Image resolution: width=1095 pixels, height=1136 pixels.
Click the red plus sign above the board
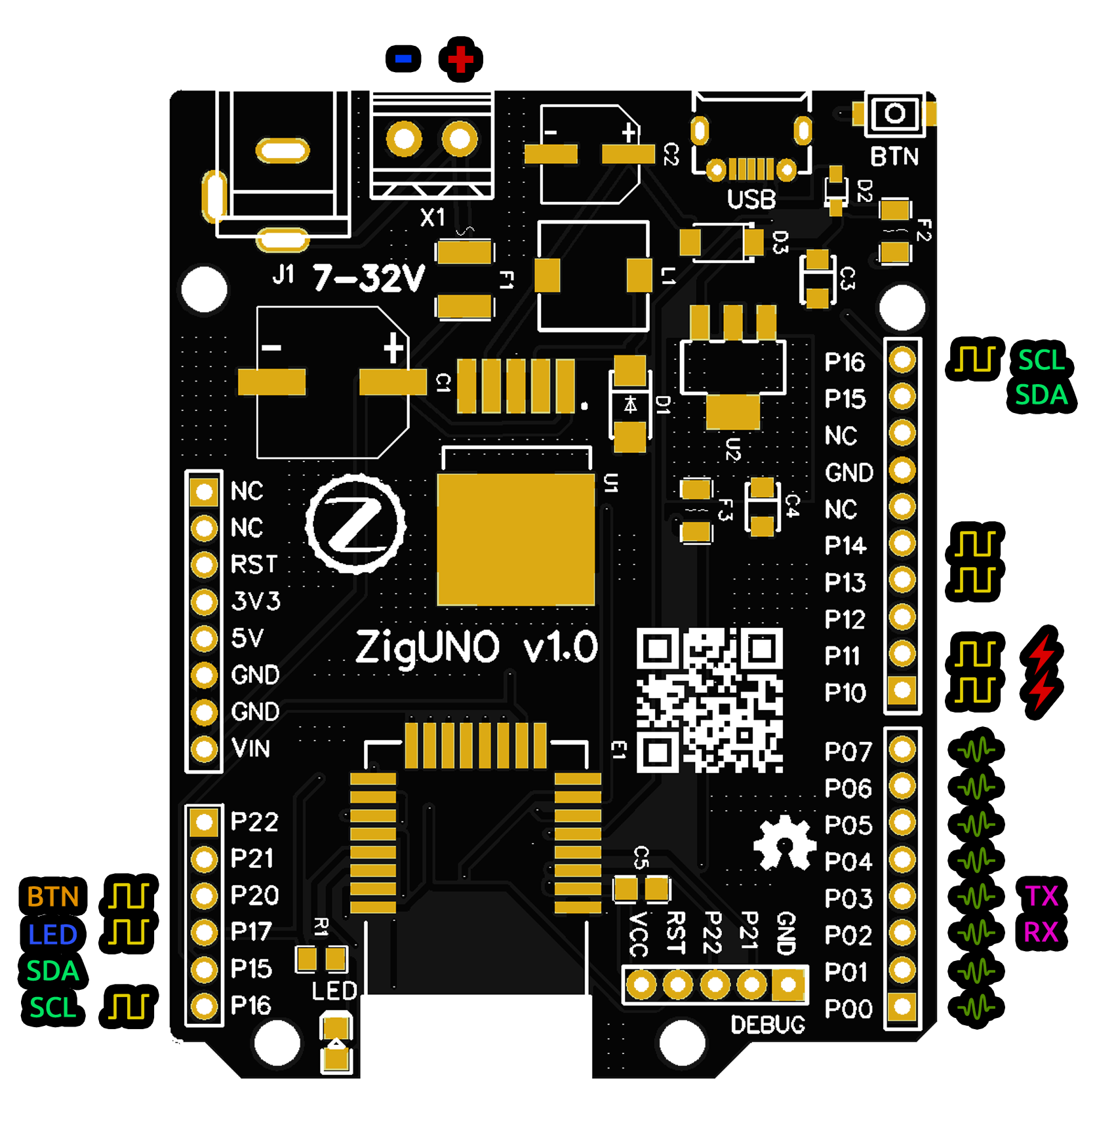click(461, 59)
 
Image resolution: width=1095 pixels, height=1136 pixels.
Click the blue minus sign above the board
click(403, 59)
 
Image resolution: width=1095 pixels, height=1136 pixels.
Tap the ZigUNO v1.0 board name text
click(476, 648)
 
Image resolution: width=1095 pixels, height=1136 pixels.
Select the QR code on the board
click(709, 700)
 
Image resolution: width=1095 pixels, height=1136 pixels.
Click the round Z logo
click(355, 524)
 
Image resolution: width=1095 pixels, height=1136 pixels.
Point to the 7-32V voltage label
click(369, 278)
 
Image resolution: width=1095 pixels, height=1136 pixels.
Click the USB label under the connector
click(751, 199)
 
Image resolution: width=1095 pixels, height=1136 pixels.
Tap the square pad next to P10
click(902, 691)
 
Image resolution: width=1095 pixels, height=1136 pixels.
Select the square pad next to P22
click(204, 822)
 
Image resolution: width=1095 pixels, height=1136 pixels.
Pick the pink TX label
click(1041, 896)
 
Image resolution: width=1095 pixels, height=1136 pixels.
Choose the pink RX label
click(1041, 932)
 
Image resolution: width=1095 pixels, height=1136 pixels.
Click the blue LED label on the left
click(52, 935)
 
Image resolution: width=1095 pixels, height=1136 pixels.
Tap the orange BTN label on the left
click(52, 897)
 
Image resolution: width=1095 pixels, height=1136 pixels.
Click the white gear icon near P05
click(784, 843)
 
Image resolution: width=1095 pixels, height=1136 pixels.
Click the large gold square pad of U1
click(516, 539)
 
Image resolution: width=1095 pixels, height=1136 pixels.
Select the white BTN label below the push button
click(894, 157)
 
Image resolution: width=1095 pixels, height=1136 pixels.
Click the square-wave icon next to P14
click(976, 544)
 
